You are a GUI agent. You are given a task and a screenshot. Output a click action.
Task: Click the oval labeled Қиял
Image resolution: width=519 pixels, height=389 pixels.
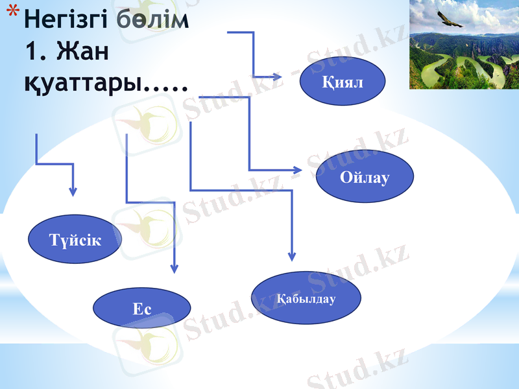point(342,82)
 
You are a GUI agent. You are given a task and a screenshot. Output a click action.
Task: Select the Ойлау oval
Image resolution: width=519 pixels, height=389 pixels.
point(364,177)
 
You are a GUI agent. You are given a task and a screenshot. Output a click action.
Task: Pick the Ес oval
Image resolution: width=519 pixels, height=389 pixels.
point(142,309)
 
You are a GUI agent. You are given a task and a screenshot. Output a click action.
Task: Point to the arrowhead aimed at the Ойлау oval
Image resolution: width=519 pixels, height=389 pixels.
point(298,170)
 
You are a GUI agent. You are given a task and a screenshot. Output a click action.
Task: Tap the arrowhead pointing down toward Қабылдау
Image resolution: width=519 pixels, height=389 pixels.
point(292,255)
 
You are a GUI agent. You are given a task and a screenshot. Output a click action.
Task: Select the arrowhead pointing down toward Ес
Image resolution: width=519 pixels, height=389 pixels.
point(173,268)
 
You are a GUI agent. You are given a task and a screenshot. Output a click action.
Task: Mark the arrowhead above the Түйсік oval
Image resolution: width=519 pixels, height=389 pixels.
point(73,191)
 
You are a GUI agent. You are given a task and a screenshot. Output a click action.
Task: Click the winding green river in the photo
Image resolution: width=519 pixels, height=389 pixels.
point(454,71)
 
